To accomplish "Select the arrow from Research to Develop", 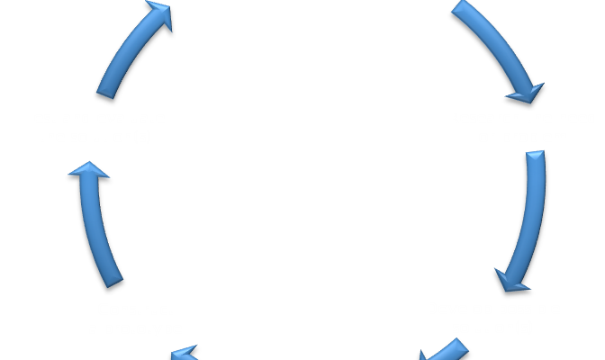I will [528, 220].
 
